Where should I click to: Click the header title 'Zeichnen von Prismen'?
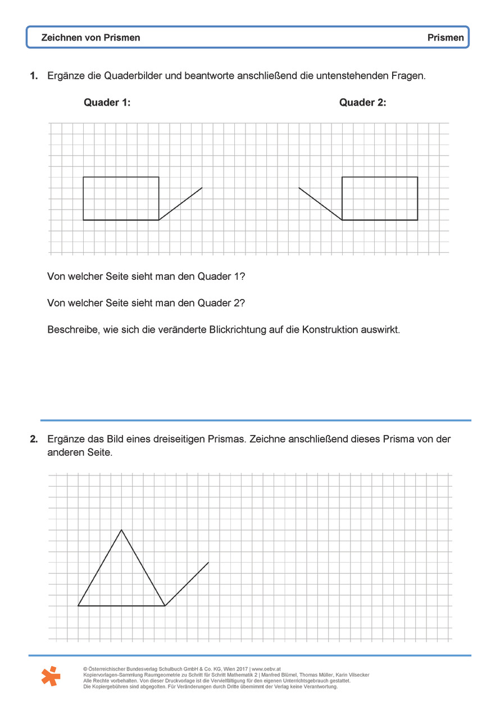[x=90, y=38]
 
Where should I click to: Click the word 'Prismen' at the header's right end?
[x=446, y=38]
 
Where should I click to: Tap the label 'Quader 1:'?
[x=107, y=102]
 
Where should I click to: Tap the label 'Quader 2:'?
[x=362, y=102]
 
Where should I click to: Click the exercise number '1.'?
[x=34, y=75]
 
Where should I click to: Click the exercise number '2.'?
[x=34, y=439]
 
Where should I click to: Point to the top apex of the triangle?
[x=121, y=529]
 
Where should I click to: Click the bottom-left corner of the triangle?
[x=78, y=606]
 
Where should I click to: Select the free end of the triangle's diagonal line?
[x=208, y=562]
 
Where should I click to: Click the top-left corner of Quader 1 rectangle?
[x=84, y=177]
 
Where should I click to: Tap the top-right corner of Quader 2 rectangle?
[x=417, y=177]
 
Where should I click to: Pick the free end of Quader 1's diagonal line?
[x=202, y=188]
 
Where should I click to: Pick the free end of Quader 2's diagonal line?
[x=299, y=188]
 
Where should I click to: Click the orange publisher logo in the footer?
[x=51, y=676]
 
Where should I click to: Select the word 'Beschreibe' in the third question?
[x=70, y=330]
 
